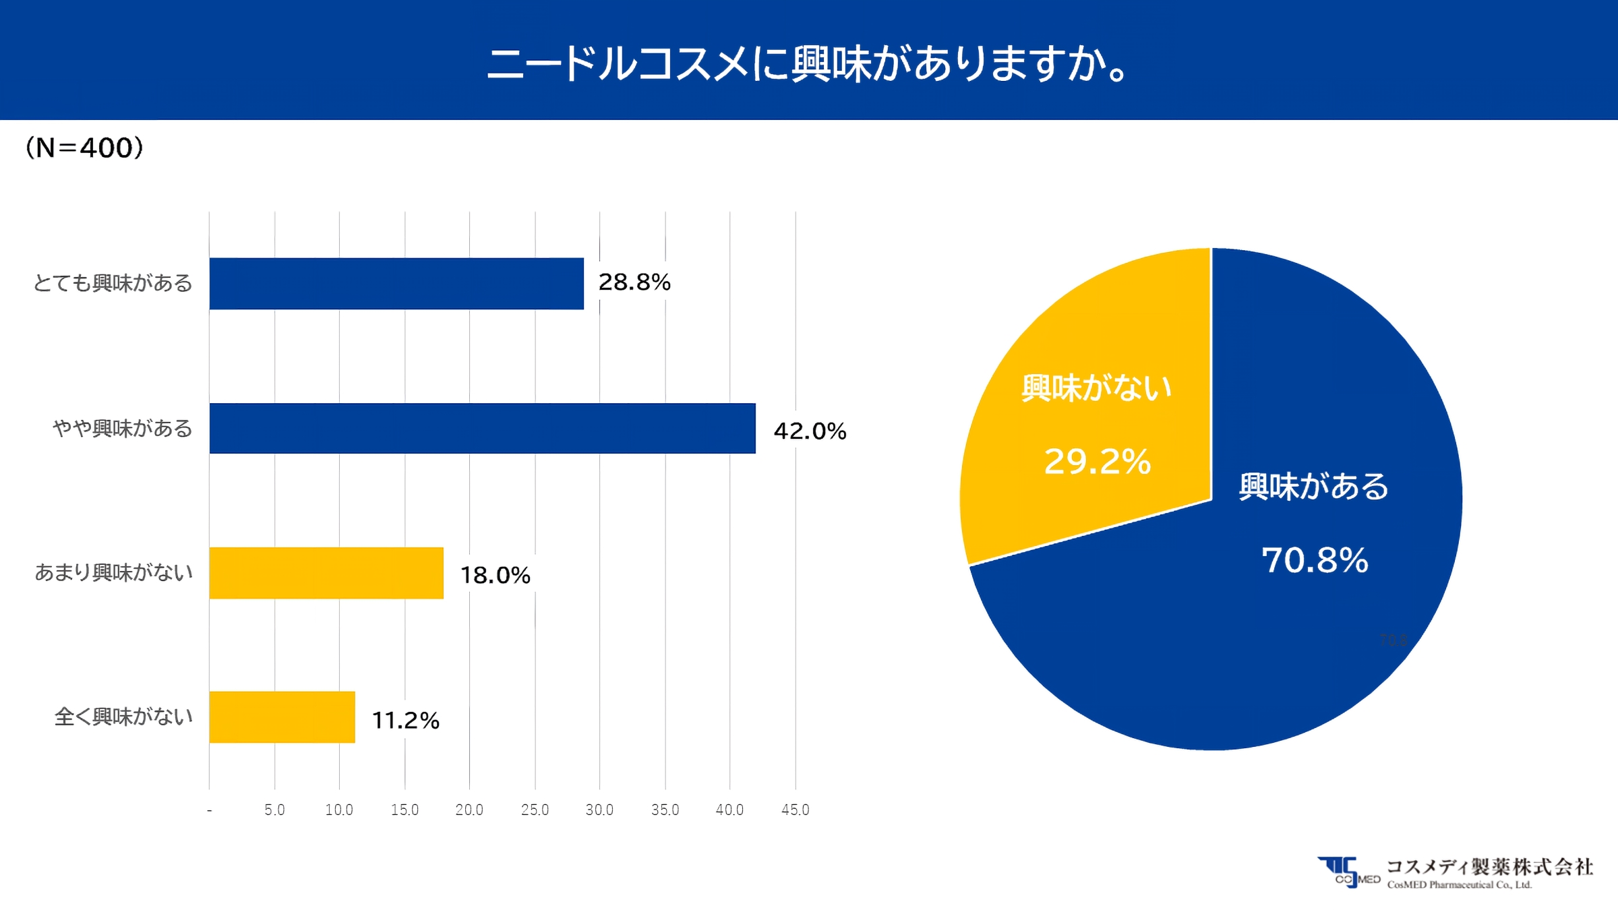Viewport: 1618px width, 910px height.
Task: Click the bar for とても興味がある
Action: pos(396,284)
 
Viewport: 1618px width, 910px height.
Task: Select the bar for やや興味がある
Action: pos(482,429)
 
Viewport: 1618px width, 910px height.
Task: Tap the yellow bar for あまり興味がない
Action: pos(326,573)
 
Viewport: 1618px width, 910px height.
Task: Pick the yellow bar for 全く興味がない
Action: pos(282,717)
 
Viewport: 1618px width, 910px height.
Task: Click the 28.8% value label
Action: pos(634,282)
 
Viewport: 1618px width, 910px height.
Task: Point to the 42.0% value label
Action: pos(810,431)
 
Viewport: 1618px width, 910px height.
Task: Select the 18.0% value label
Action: pos(495,576)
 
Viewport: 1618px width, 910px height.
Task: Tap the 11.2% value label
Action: pos(405,721)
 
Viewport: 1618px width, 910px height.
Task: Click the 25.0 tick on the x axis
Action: pos(535,810)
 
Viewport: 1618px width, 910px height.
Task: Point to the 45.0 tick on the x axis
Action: pos(795,810)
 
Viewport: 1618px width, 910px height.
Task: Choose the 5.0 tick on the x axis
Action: pos(274,810)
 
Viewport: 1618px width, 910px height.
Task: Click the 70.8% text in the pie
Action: pos(1315,560)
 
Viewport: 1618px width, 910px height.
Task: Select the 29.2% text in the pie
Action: pos(1097,462)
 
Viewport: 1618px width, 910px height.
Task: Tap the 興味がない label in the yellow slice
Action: pos(1097,388)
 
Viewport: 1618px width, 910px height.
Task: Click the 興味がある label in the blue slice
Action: pos(1313,487)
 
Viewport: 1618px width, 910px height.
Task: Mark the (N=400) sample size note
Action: pos(84,148)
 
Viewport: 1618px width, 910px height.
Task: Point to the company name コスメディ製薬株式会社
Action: pos(1489,867)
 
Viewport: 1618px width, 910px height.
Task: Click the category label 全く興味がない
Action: pos(123,717)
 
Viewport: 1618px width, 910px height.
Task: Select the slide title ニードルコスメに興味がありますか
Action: pos(807,64)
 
